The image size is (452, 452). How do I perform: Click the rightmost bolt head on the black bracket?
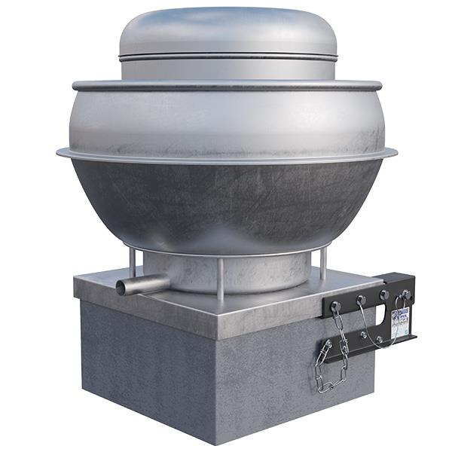coord(407,294)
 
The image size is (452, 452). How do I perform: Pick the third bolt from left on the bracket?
coord(384,296)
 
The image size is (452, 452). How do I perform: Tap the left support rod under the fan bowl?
coord(132,264)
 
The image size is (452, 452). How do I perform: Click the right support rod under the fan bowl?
coord(323,264)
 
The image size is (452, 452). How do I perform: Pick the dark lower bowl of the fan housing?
coord(226,203)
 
